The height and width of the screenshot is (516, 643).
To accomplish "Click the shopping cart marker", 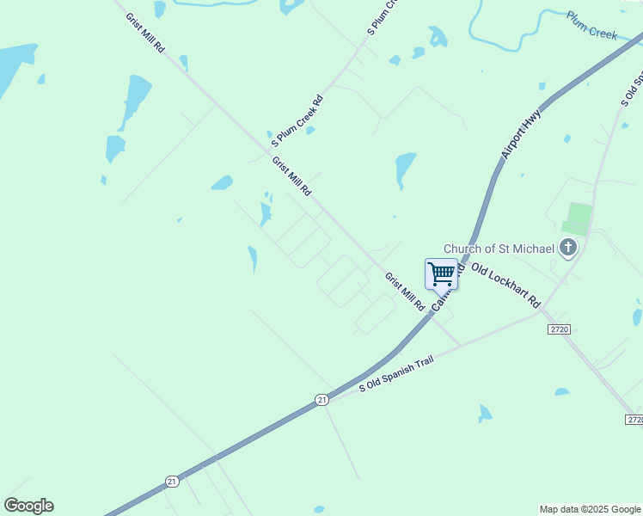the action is pos(441,273).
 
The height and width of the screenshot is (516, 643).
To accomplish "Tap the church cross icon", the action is pos(567,249).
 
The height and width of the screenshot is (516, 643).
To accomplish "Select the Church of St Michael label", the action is pos(499,249).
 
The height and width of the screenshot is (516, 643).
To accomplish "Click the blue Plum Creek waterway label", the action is pos(591,25).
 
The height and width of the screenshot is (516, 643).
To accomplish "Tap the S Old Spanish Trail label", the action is pos(396,372).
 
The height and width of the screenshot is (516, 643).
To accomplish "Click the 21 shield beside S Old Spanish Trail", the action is pos(321,400).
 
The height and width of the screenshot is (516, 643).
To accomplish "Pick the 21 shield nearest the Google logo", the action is pos(172,482).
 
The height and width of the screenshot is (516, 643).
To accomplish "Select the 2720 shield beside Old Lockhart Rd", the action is pos(559,329).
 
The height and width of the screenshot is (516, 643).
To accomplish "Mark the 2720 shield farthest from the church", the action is pos(634,419).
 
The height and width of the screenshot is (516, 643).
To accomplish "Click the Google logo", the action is pos(28,506).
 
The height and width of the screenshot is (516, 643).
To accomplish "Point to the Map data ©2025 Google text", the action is pos(590,509).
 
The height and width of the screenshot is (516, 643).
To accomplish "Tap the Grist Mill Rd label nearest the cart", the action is pos(405,292).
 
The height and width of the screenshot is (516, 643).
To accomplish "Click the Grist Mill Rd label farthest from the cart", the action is pos(144,33).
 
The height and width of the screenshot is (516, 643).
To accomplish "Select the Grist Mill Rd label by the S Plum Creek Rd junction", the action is pos(291,176).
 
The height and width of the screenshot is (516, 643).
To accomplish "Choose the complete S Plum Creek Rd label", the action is pos(297,120).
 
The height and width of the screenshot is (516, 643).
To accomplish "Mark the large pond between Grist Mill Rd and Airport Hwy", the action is pos(405,167).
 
